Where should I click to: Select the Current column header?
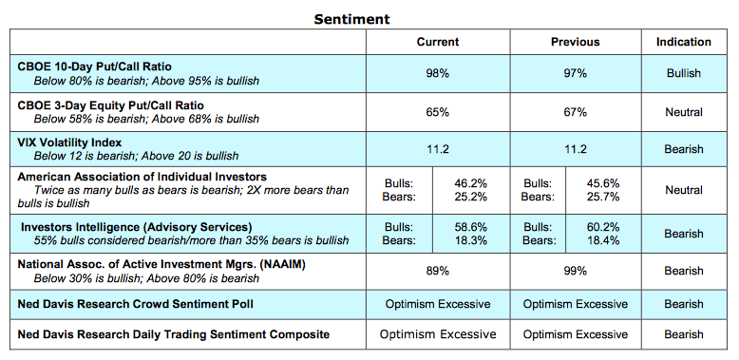(x=437, y=42)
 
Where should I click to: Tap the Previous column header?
(x=575, y=42)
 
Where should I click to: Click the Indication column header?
(x=683, y=42)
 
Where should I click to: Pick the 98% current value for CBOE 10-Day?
(x=437, y=73)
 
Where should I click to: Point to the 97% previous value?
(x=575, y=73)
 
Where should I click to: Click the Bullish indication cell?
(x=683, y=73)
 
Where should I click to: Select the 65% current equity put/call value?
(x=437, y=111)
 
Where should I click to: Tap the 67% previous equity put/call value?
(x=575, y=111)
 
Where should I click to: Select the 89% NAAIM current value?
(x=437, y=271)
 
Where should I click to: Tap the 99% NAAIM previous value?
(x=575, y=271)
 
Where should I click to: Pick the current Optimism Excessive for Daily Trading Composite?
(x=437, y=334)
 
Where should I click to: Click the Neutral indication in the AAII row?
(x=683, y=190)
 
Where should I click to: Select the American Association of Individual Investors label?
(x=142, y=177)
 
